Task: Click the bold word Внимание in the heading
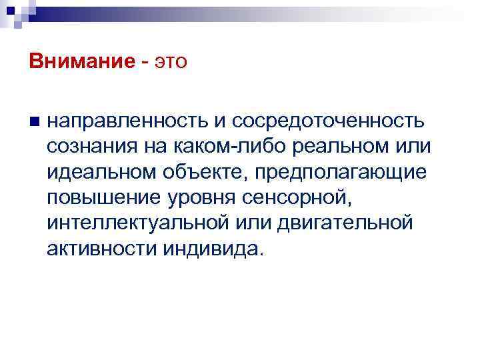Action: [x=82, y=62]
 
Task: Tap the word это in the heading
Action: [x=172, y=62]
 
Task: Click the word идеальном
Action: [x=99, y=171]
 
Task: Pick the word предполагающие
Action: [x=339, y=171]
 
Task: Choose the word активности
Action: [x=100, y=247]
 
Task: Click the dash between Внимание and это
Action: [x=145, y=63]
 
